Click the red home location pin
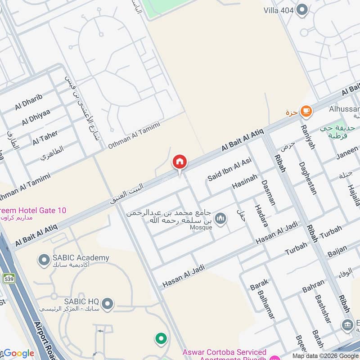click(x=180, y=162)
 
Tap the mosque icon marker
click(x=220, y=219)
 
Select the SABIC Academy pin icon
click(x=44, y=260)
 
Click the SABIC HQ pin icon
click(x=107, y=304)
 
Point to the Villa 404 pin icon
click(x=302, y=9)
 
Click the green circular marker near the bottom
click(x=161, y=338)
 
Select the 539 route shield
click(x=9, y=279)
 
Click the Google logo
click(x=18, y=353)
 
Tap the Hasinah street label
click(x=245, y=182)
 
